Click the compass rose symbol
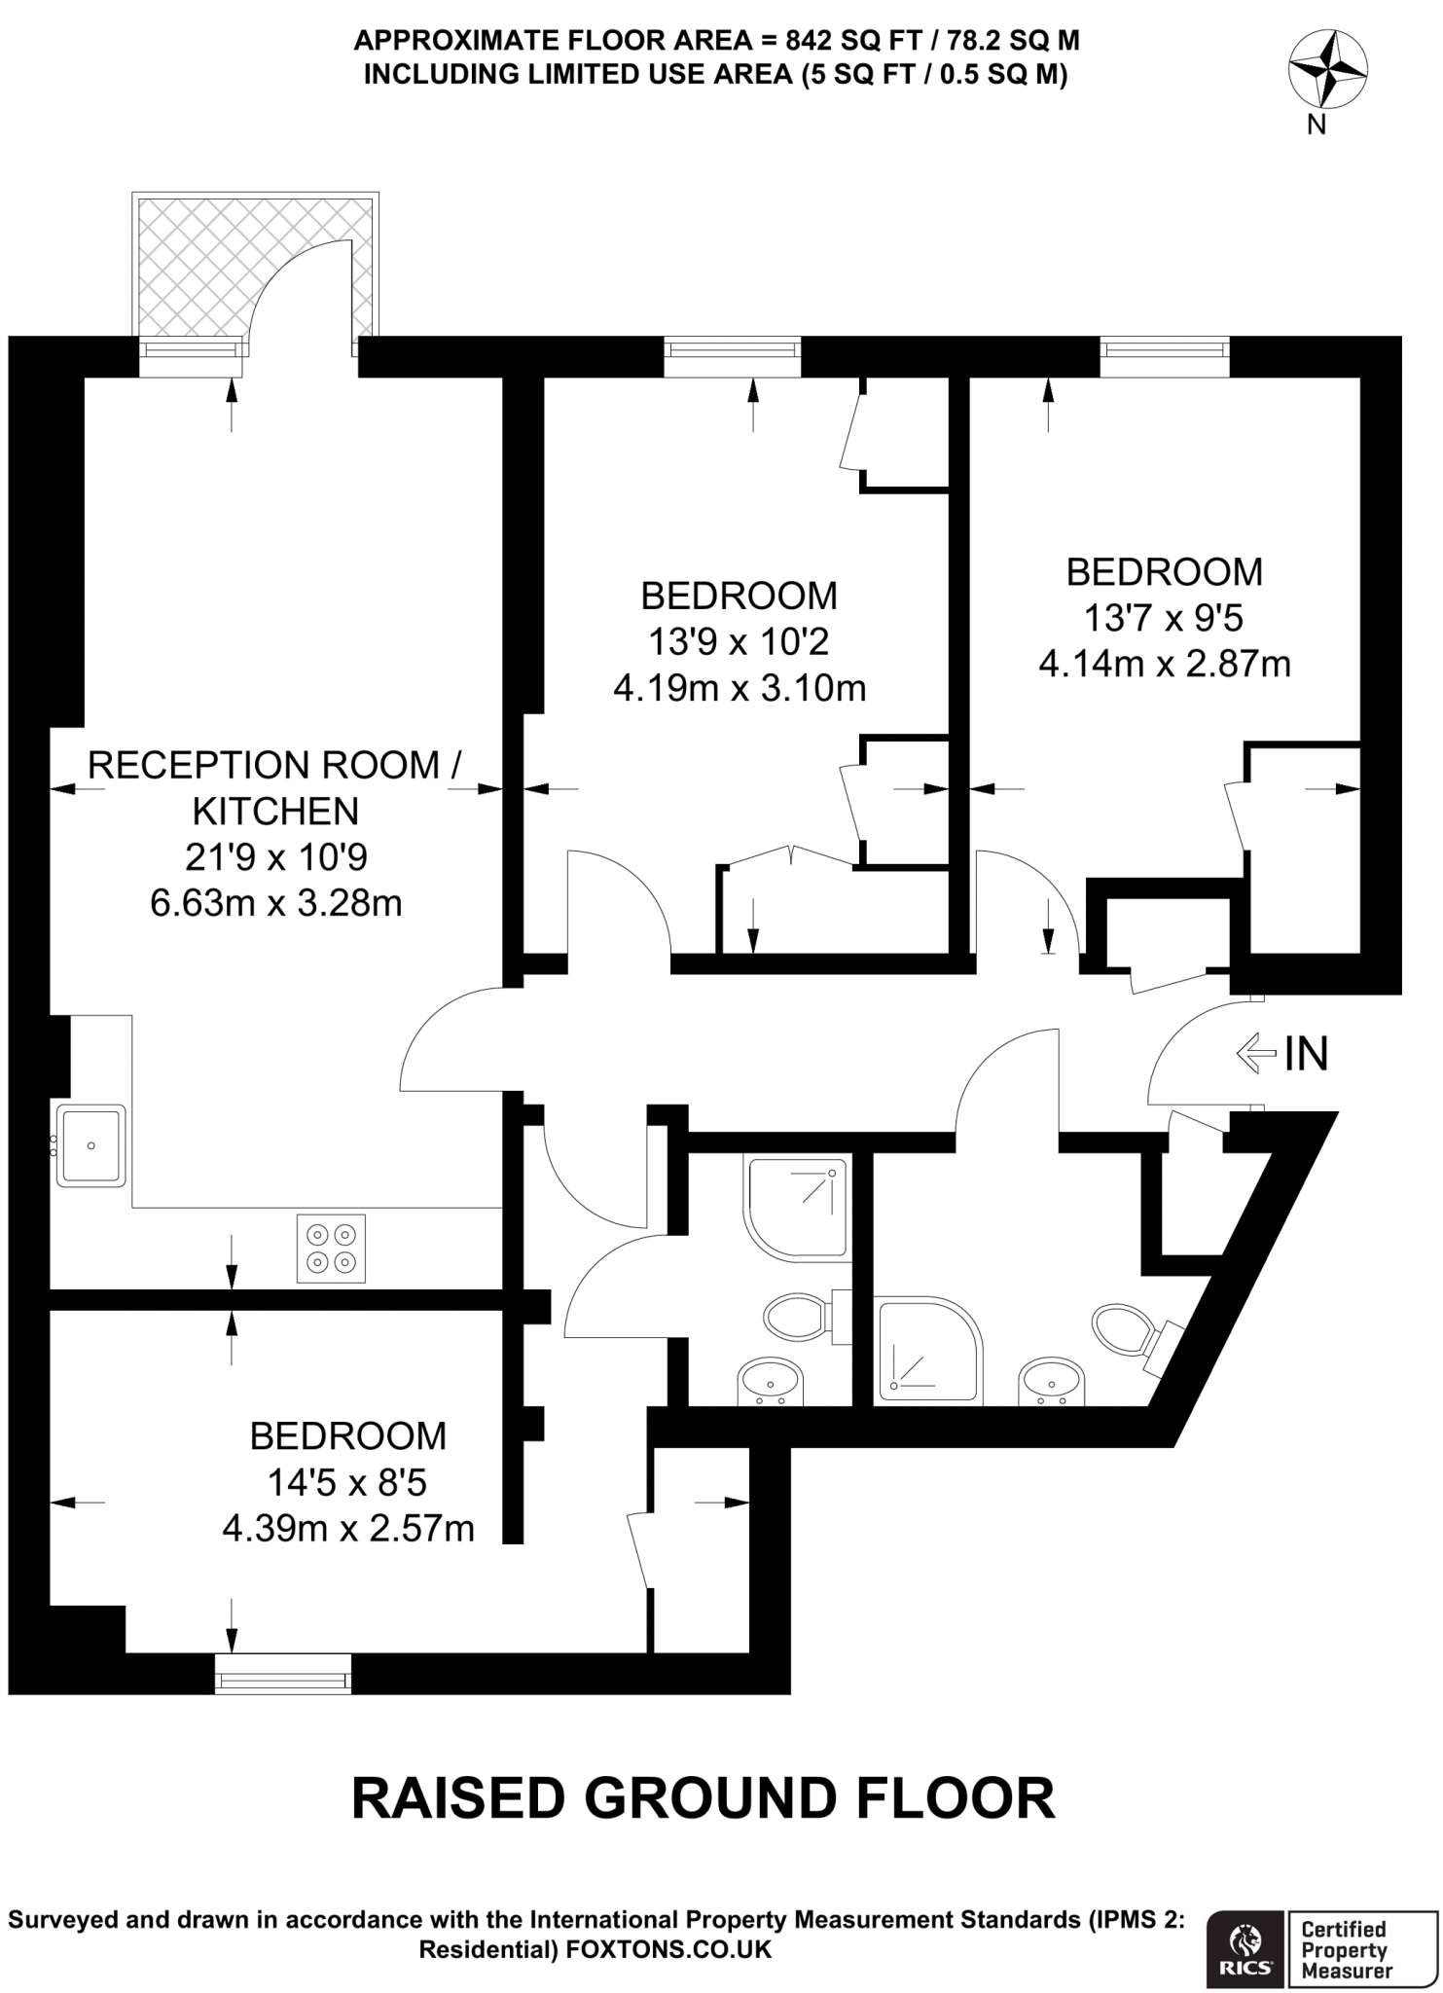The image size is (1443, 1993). [x=1327, y=68]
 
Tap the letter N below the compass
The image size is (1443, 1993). [x=1317, y=125]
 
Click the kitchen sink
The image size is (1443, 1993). [x=91, y=1145]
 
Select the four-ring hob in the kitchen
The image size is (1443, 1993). [x=331, y=1249]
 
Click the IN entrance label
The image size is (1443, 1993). [x=1306, y=1054]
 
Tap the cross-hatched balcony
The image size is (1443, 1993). [x=195, y=263]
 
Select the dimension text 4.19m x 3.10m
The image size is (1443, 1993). [x=740, y=689]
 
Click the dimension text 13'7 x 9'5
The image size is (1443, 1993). [x=1164, y=618]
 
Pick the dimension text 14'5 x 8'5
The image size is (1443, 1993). [x=347, y=1482]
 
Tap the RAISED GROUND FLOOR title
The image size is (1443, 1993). [x=703, y=1797]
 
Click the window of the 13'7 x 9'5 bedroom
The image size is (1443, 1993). [x=1165, y=356]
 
